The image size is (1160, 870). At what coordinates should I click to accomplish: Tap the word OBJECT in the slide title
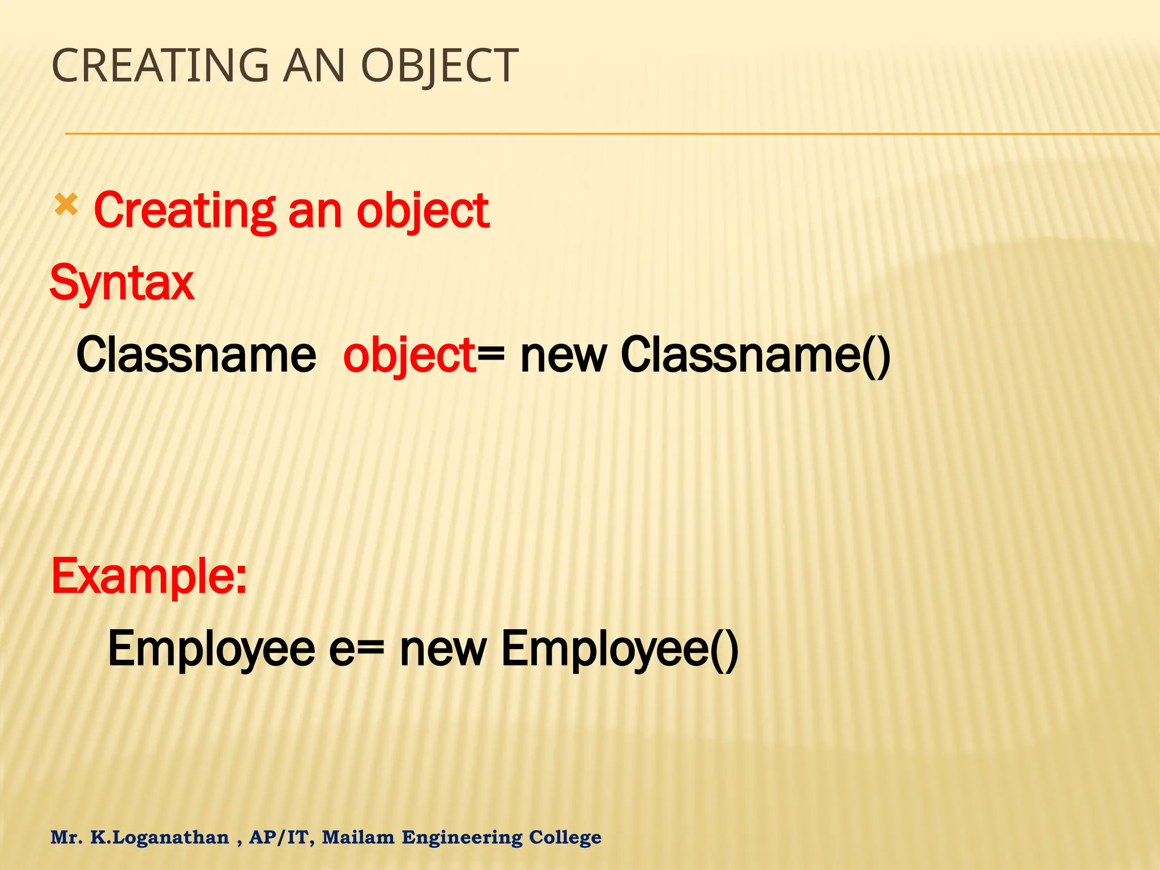tap(439, 66)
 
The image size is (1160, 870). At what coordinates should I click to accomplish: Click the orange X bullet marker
tap(66, 206)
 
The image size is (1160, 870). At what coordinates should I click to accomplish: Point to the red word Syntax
tap(122, 283)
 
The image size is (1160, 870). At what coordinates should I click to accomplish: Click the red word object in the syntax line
tap(410, 355)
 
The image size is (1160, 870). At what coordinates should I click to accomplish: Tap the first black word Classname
tap(196, 355)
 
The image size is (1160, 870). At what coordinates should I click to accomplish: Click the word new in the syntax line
tap(563, 355)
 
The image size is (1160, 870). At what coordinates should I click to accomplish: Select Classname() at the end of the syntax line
tap(756, 355)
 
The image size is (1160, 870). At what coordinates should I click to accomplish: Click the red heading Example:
tap(149, 576)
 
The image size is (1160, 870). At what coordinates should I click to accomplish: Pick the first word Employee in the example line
tap(211, 649)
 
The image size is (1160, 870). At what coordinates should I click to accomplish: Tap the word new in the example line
tap(443, 649)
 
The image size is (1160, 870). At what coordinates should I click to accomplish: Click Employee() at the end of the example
tap(620, 649)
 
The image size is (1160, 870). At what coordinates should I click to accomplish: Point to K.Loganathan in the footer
tap(160, 837)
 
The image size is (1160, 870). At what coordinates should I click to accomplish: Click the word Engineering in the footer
tap(462, 837)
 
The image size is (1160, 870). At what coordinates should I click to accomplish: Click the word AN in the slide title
tap(314, 66)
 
